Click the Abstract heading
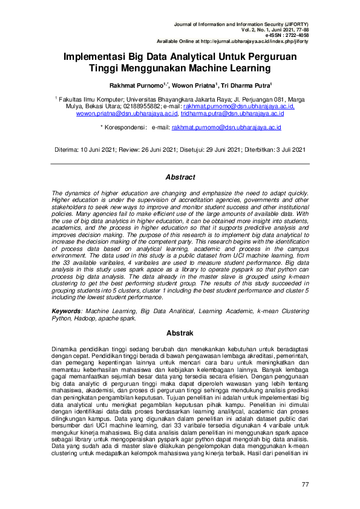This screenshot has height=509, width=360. click(180, 177)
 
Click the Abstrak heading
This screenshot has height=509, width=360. click(180, 333)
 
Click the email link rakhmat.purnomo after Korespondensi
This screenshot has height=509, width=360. click(226, 128)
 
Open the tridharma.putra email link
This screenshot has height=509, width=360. click(232, 113)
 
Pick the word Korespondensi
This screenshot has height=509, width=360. click(126, 128)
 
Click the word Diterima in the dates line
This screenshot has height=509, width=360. click(68, 149)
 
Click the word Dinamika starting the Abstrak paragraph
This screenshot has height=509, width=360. click(65, 348)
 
